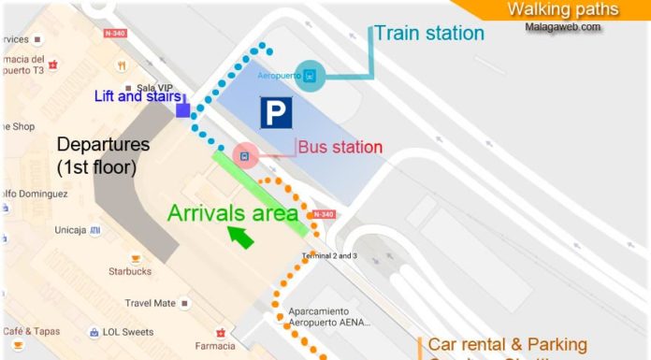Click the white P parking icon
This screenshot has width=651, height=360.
click(x=275, y=113)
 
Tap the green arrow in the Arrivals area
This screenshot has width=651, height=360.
click(x=241, y=238)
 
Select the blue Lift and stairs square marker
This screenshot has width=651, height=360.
click(x=183, y=111)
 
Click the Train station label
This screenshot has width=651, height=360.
click(x=429, y=34)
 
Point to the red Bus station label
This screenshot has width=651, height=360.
click(x=340, y=148)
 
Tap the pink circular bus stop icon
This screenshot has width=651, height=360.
click(x=243, y=155)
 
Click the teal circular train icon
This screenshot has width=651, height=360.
click(x=310, y=76)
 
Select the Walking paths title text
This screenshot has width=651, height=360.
click(x=563, y=9)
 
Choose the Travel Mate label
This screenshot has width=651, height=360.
click(x=151, y=303)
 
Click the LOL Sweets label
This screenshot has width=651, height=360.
click(x=128, y=332)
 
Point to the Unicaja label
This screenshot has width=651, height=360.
click(x=71, y=229)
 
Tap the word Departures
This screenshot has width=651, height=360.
click(x=103, y=146)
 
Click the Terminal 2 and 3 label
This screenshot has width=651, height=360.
click(x=328, y=255)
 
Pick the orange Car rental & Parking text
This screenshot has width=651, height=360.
click(x=508, y=345)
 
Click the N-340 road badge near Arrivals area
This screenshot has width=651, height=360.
click(x=323, y=214)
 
